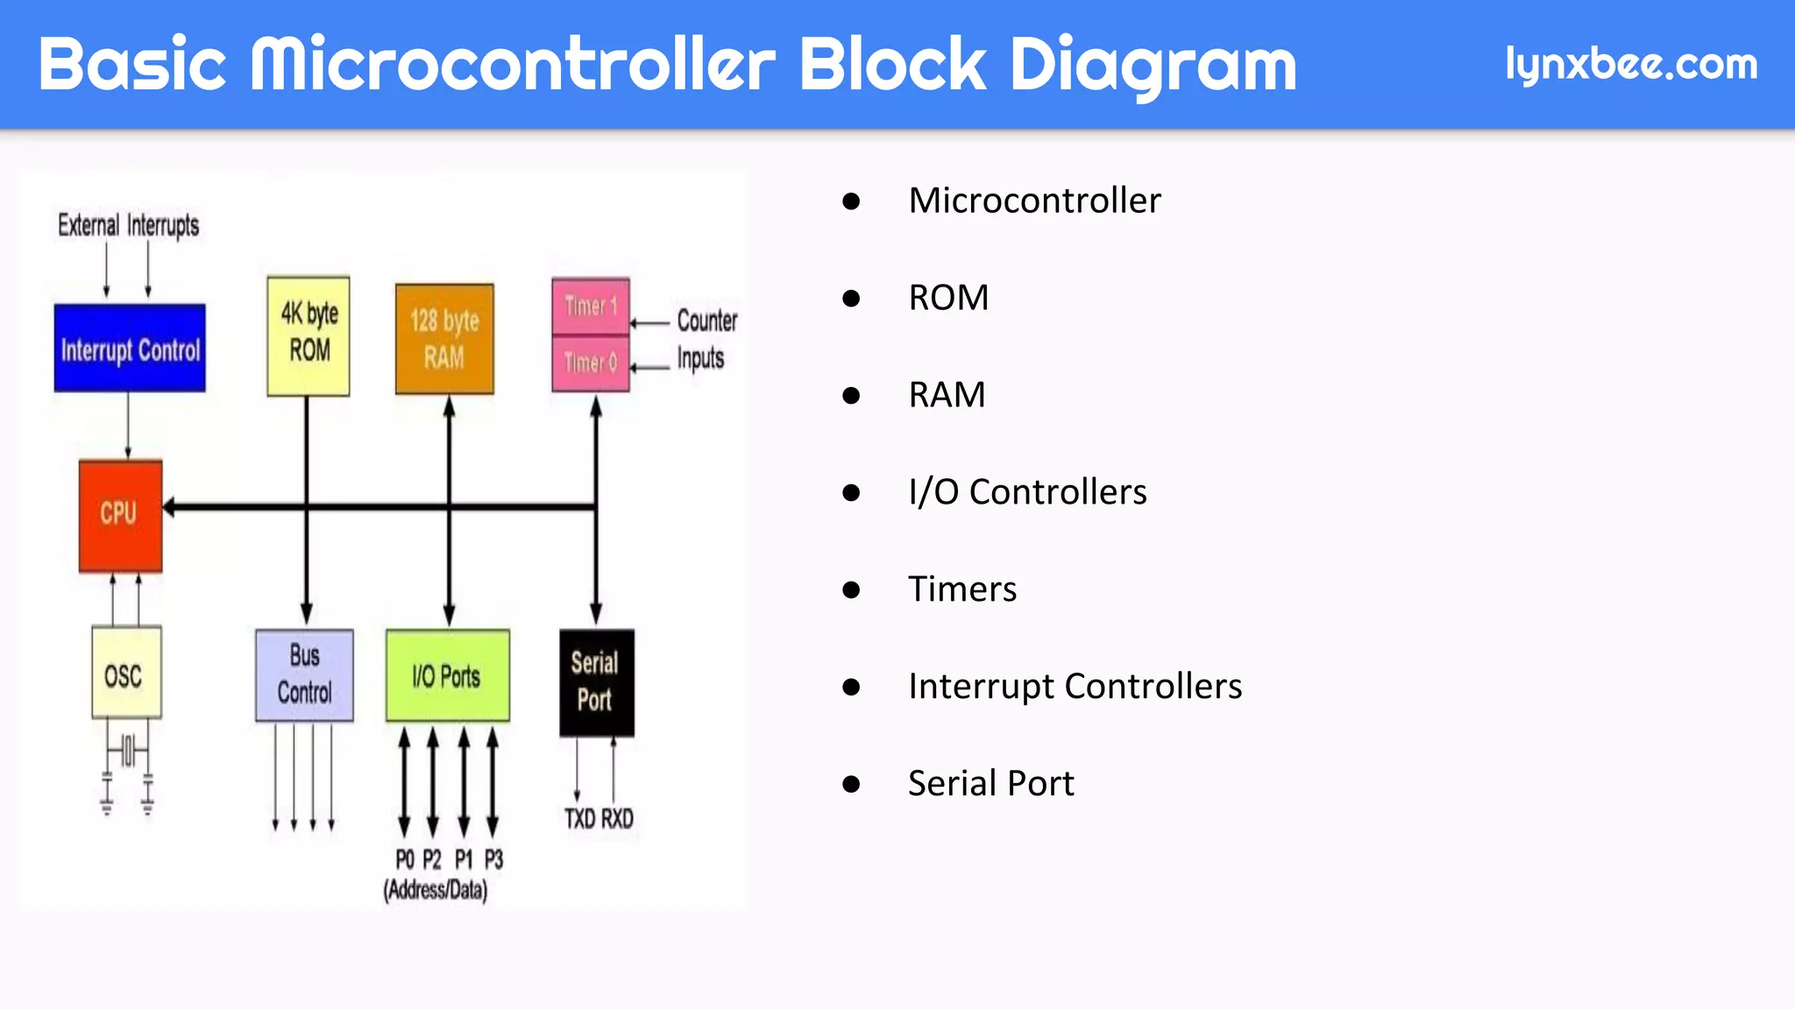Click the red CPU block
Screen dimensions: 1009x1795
coord(120,515)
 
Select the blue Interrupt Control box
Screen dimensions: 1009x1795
coord(130,349)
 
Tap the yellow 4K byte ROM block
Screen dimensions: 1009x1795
coord(309,336)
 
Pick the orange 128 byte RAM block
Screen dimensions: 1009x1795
coord(444,339)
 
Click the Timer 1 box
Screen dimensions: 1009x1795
coord(590,306)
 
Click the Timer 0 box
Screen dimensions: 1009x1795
coord(590,362)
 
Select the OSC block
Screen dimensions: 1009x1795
coord(126,673)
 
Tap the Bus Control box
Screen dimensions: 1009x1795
coord(304,675)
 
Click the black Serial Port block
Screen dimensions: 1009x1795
coord(596,682)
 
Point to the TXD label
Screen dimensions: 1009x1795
coord(580,819)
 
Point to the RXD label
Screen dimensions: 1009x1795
coord(617,819)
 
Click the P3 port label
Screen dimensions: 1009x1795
coord(493,859)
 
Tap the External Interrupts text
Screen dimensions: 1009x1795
coord(128,225)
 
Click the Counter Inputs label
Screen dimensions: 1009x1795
coord(706,339)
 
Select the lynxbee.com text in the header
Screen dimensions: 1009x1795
coord(1630,65)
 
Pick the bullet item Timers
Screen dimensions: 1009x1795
coord(961,589)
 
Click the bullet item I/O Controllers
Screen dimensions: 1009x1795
coord(1026,491)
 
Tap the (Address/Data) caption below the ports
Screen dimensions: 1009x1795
coord(436,890)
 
